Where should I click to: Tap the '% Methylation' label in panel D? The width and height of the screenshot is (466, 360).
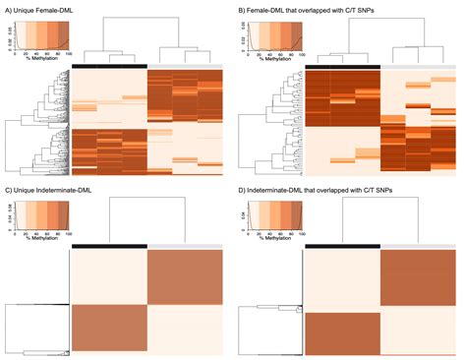tap(271, 229)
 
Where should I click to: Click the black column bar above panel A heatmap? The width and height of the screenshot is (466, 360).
tap(109, 66)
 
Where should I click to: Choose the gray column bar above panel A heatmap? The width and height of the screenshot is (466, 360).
tap(185, 66)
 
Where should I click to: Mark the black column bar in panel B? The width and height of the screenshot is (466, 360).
tap(342, 66)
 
